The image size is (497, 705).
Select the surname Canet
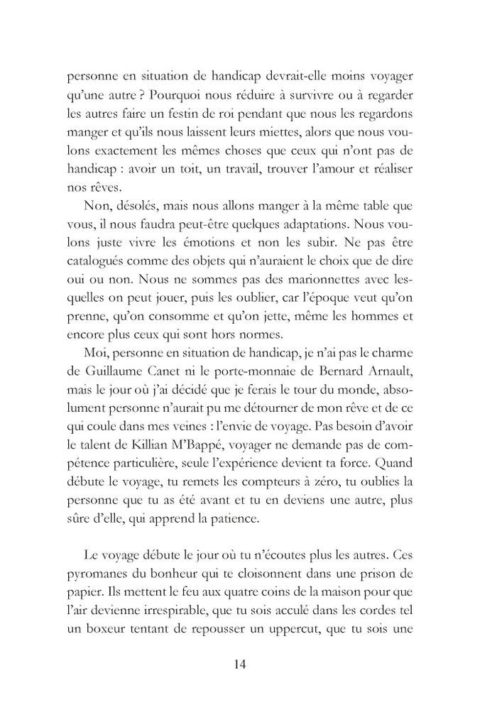[x=175, y=369]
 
